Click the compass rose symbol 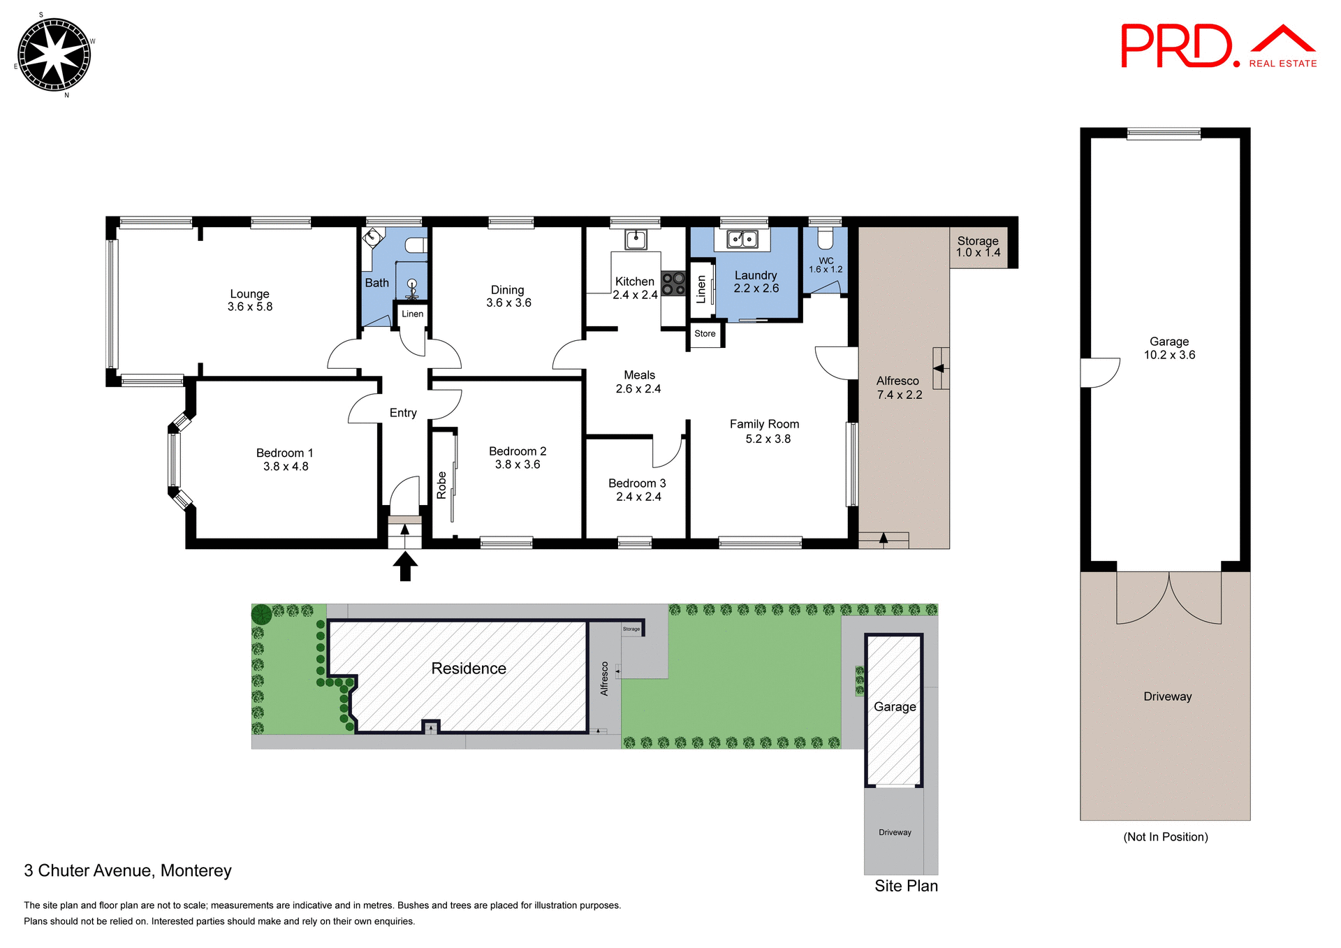tap(54, 54)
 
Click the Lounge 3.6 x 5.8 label tap(249, 300)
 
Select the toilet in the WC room tap(825, 240)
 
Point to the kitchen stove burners tap(673, 284)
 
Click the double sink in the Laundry tap(742, 240)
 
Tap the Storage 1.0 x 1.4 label tap(978, 247)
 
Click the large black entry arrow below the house tap(404, 566)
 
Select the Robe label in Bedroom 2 tap(441, 485)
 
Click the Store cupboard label tap(705, 334)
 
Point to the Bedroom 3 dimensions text tap(638, 497)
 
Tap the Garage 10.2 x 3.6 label tap(1169, 348)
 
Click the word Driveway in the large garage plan tap(1167, 697)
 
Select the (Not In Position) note tap(1165, 837)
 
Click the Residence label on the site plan tap(469, 669)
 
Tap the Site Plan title tap(906, 886)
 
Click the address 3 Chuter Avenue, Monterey tap(128, 870)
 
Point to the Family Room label tap(764, 424)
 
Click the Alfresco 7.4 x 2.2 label tap(899, 388)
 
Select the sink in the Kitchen tap(636, 240)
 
